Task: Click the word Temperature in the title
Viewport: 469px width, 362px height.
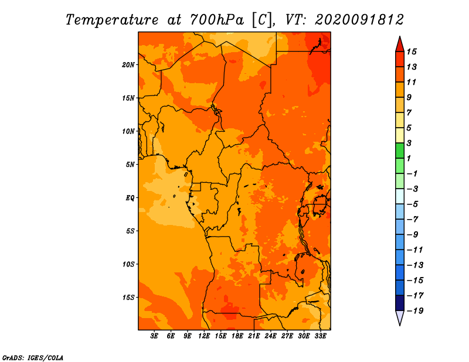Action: tap(112, 21)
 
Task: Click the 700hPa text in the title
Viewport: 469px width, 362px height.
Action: tap(217, 20)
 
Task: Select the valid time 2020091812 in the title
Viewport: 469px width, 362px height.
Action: tap(359, 20)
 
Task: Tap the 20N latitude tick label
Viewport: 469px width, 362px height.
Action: tap(128, 65)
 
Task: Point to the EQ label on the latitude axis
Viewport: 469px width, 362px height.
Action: tap(130, 198)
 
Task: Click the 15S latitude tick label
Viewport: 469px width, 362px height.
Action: tap(128, 298)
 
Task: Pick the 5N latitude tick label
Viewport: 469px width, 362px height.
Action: tap(130, 165)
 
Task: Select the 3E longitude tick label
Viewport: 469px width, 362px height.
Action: tap(154, 336)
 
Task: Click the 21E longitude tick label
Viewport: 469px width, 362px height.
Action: tap(254, 336)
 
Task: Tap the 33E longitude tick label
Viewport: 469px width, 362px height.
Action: tap(320, 336)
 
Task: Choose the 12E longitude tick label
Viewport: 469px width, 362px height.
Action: tap(204, 336)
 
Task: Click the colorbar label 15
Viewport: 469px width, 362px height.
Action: tap(412, 52)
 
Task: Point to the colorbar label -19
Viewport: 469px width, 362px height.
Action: tap(415, 311)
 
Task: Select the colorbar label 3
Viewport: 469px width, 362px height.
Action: tap(409, 143)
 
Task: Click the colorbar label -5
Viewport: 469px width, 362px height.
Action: tap(413, 204)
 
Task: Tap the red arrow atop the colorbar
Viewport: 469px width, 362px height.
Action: tap(400, 45)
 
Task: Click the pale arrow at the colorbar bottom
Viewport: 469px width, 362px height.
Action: tap(400, 317)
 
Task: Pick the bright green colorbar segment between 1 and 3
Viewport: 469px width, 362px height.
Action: tap(400, 151)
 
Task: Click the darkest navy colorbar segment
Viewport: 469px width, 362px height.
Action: tap(400, 303)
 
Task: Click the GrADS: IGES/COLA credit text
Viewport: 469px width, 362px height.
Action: tap(33, 358)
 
